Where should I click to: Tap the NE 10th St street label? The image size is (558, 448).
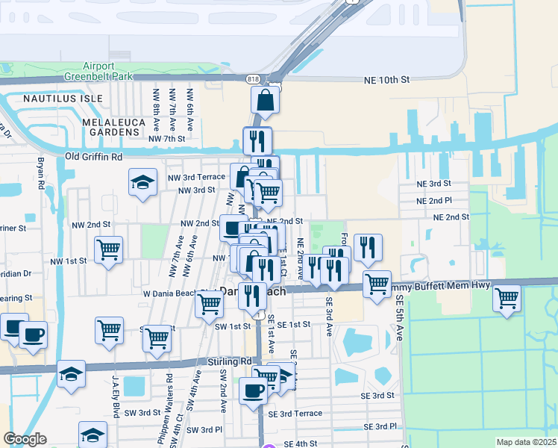click(386, 79)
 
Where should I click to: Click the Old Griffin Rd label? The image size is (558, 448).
click(93, 157)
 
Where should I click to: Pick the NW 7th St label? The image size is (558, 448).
click(166, 139)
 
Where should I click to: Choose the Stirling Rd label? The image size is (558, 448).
click(231, 361)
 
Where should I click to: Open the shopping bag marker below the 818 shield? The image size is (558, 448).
click(266, 99)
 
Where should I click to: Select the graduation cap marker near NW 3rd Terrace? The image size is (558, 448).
click(142, 183)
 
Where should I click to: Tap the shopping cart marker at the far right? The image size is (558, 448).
click(507, 299)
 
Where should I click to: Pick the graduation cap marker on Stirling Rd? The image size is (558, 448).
click(71, 375)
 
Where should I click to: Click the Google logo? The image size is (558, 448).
click(25, 440)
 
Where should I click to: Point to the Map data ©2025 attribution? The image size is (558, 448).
click(525, 442)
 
